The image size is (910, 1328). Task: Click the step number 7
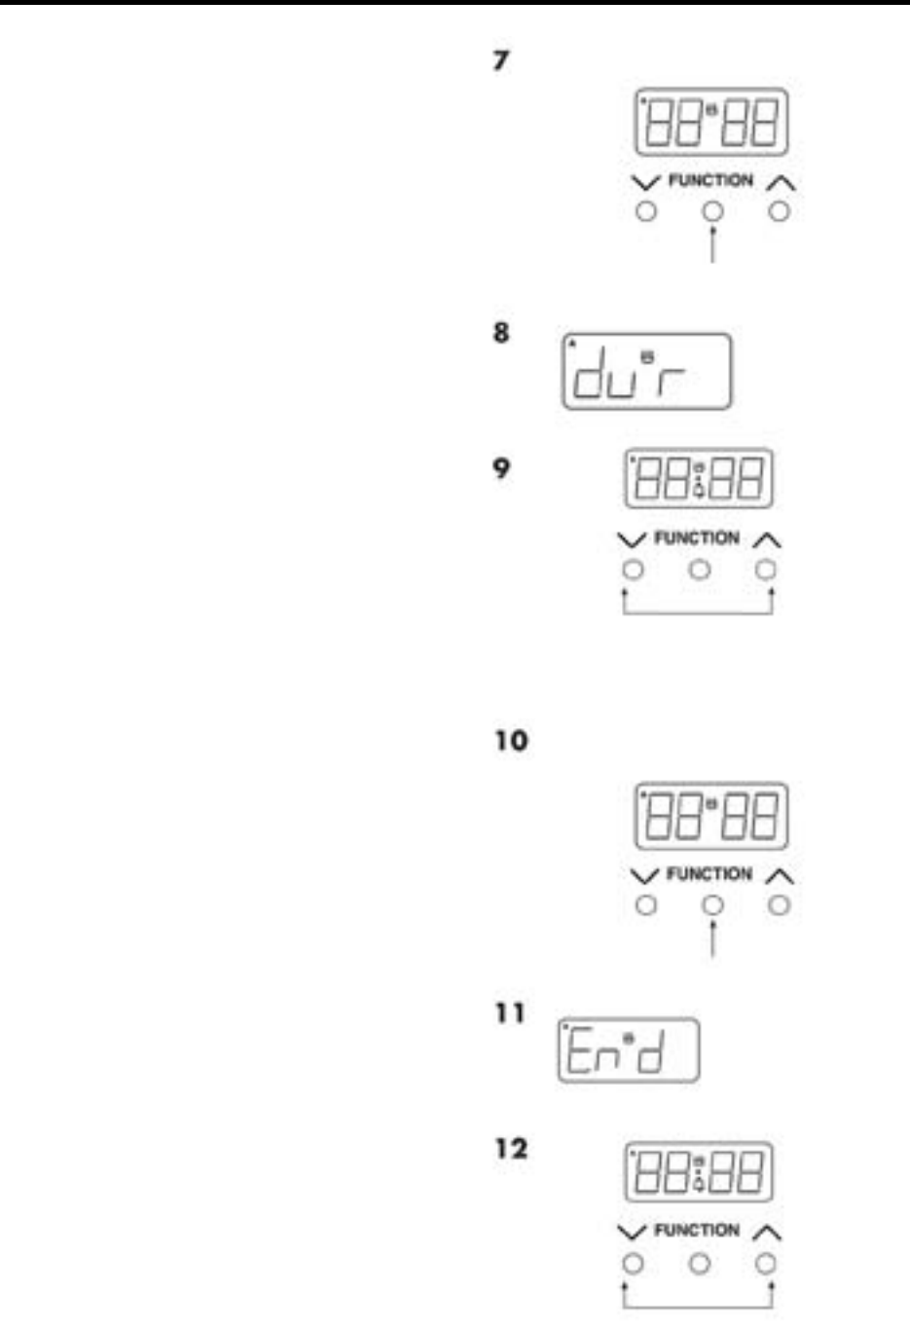pos(500,60)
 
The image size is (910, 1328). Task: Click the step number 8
pos(500,333)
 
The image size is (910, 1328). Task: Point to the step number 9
pos(500,468)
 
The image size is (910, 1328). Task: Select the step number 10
pos(510,741)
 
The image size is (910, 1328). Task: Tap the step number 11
pos(510,1014)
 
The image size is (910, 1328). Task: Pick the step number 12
pos(510,1149)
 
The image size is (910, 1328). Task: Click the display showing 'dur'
pos(646,371)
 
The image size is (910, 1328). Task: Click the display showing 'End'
pos(628,1050)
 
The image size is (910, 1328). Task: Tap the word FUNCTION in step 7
pos(710,180)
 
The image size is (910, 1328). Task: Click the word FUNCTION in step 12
pos(697,1231)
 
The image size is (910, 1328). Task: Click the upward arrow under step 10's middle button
pos(712,937)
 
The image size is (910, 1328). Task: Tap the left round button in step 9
pos(633,571)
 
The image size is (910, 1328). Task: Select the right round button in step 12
pos(766,1264)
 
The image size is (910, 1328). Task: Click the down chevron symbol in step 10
pos(644,875)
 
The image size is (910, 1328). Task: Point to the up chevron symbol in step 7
pos(781,182)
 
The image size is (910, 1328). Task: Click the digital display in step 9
pos(698,478)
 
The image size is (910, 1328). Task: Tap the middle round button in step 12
pos(699,1264)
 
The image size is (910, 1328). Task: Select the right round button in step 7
pos(779,211)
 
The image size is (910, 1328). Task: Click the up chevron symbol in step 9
pos(767,539)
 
